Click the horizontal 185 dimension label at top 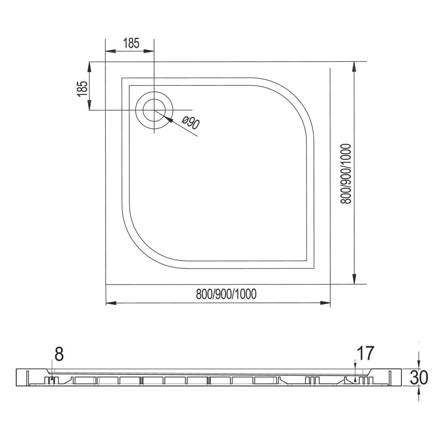tap(131, 43)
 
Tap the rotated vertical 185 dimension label tap(83, 88)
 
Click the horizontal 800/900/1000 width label tap(226, 294)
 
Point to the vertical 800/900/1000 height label tap(346, 174)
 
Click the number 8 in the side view tap(59, 354)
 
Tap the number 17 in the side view tap(365, 353)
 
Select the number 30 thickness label tap(419, 377)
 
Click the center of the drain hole tap(154, 110)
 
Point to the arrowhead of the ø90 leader tap(168, 119)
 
